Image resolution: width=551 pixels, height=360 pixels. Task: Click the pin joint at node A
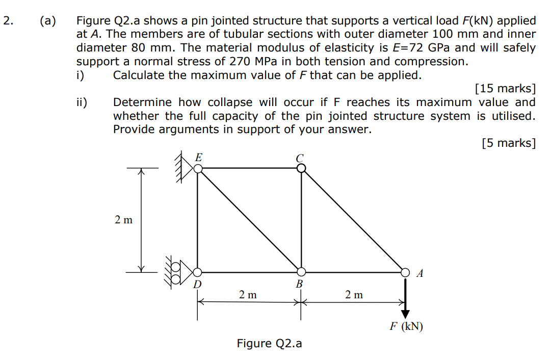coord(405,271)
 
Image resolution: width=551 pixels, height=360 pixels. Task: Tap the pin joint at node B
coord(301,271)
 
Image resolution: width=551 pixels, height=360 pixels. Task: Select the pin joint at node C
coord(301,168)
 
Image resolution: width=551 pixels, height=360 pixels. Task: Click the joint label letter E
coord(199,158)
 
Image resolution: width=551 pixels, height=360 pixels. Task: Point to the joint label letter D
coord(197,284)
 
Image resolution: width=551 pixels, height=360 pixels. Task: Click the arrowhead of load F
coord(405,313)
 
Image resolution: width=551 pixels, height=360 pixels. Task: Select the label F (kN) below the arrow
coord(406,327)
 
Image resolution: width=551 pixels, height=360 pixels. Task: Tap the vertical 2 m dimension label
coord(123,220)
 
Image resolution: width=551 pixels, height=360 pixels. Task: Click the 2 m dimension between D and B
coord(248,295)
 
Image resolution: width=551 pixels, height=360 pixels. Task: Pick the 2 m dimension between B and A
coord(354,295)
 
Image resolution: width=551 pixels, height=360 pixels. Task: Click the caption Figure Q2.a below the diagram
coord(269,344)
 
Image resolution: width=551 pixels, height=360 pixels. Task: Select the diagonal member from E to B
coord(249,219)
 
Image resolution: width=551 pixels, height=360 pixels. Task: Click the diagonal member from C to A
coord(353,219)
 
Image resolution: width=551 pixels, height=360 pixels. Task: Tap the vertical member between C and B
coord(301,219)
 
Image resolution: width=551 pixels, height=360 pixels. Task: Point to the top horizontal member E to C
coord(249,168)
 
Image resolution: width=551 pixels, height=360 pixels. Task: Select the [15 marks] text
coord(505,89)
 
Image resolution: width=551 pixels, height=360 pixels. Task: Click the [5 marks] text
coord(508,143)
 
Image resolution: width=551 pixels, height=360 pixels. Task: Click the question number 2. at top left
coord(7,21)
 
